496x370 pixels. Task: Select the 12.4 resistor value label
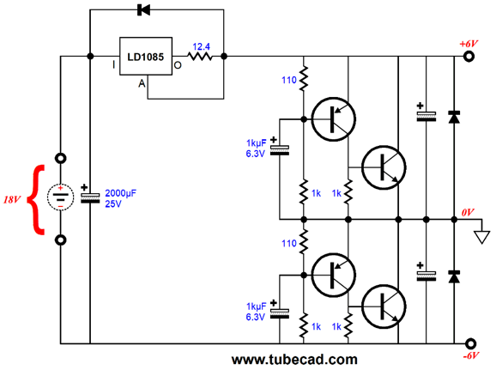pos(201,47)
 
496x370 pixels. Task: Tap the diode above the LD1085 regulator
pos(143,9)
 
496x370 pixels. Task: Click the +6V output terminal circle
pos(469,57)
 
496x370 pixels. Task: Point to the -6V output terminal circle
pos(471,343)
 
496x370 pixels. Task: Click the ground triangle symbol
pos(481,237)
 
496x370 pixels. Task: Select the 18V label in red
pos(12,200)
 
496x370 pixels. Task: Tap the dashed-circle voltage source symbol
pos(60,197)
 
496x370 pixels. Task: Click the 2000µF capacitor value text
pos(120,193)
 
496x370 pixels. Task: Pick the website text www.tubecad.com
pos(294,360)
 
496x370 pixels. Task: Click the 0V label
pos(468,212)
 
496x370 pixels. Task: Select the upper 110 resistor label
pos(289,80)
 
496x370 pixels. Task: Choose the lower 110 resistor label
pos(289,243)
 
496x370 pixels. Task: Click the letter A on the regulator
pos(142,83)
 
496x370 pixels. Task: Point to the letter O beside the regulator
pos(178,65)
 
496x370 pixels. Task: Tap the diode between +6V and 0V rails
pos(454,117)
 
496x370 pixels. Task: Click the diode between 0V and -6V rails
pos(454,276)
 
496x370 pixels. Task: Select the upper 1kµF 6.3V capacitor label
pos(257,149)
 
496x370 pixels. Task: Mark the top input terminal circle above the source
pos(61,158)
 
